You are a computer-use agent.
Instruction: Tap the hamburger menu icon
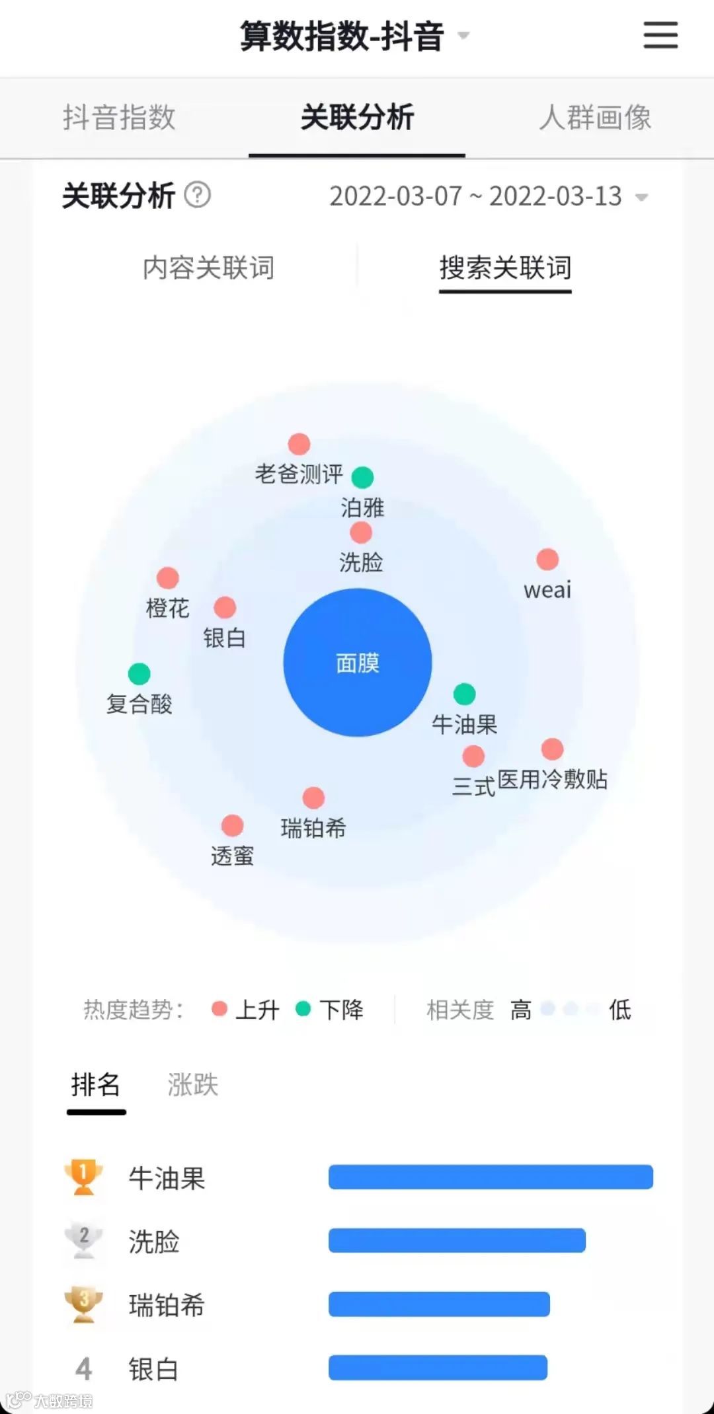(660, 34)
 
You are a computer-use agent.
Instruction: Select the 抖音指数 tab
(119, 118)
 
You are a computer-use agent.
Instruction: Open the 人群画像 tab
(595, 118)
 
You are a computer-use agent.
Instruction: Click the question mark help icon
(197, 195)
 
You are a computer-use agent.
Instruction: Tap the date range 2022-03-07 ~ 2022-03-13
(476, 196)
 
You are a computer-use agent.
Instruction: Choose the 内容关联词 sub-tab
(208, 268)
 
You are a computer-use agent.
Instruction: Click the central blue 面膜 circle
(357, 662)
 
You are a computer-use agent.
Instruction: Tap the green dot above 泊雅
(362, 476)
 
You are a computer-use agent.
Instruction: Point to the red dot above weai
(547, 559)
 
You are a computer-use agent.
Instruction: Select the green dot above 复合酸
(139, 674)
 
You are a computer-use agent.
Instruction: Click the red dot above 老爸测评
(299, 444)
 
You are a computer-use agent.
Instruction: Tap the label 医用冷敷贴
(552, 780)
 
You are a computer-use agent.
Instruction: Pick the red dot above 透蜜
(232, 825)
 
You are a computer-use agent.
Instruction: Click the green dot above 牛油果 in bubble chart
(464, 694)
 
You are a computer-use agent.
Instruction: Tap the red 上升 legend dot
(219, 1009)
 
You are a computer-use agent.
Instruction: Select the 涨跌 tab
(192, 1085)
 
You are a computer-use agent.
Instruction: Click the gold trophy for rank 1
(83, 1177)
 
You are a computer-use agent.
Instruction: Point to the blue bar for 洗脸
(457, 1240)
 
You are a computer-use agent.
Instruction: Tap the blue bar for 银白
(438, 1367)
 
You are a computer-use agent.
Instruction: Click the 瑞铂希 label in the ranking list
(167, 1305)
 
